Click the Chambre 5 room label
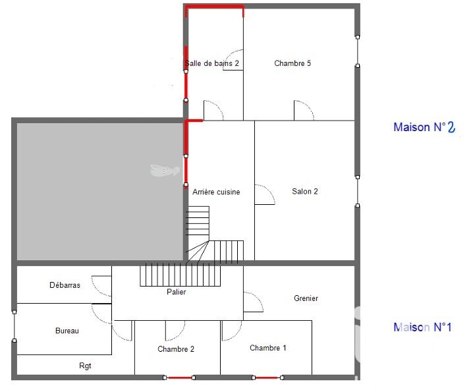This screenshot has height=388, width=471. (292, 63)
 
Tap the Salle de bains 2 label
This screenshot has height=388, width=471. (212, 63)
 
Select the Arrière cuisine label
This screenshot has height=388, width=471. (216, 192)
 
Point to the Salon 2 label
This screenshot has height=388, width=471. (305, 192)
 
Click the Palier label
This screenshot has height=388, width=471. (176, 292)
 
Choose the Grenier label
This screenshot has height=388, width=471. (306, 298)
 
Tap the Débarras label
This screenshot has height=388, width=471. (65, 285)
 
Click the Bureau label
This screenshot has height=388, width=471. (67, 331)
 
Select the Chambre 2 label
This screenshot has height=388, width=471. (176, 348)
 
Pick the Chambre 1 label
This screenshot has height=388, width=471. (268, 348)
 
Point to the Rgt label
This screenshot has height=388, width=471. (85, 366)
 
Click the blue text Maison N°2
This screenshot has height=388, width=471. (424, 127)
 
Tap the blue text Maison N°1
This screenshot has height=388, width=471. (422, 327)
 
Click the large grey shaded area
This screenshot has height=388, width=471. (99, 191)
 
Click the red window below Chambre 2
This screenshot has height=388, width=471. (179, 378)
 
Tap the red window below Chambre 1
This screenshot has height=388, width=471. (267, 378)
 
